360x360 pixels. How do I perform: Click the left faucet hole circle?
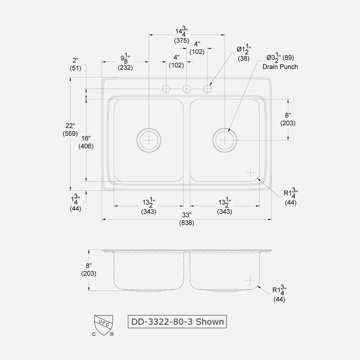tap(166, 89)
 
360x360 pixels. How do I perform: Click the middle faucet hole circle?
tap(187, 89)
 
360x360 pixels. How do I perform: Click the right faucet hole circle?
tap(208, 89)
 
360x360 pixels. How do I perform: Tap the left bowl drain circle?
tap(149, 139)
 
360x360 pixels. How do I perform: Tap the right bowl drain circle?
tap(225, 139)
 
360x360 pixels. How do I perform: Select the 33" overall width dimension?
tap(186, 215)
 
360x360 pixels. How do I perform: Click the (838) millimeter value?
tap(186, 223)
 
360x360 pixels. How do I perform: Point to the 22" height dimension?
tap(70, 126)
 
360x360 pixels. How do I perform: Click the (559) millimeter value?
tap(70, 134)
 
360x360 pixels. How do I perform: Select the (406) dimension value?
tap(86, 146)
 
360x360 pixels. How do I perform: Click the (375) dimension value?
tap(181, 41)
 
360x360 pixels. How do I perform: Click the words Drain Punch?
tap(280, 67)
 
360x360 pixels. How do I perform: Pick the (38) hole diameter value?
tap(243, 59)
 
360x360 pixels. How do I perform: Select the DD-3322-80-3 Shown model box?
tap(177, 321)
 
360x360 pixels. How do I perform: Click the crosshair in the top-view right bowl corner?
tap(250, 173)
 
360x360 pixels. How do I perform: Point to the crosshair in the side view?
tap(250, 280)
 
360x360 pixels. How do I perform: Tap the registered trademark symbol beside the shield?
tap(112, 334)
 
